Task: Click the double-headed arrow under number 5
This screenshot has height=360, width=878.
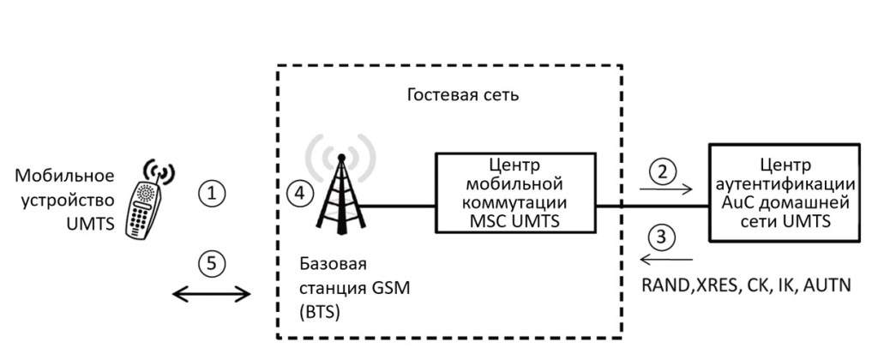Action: (212, 295)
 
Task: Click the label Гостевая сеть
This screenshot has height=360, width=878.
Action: (463, 93)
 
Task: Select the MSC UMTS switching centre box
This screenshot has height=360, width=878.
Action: (517, 194)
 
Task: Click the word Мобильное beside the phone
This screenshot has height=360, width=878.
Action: (65, 177)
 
